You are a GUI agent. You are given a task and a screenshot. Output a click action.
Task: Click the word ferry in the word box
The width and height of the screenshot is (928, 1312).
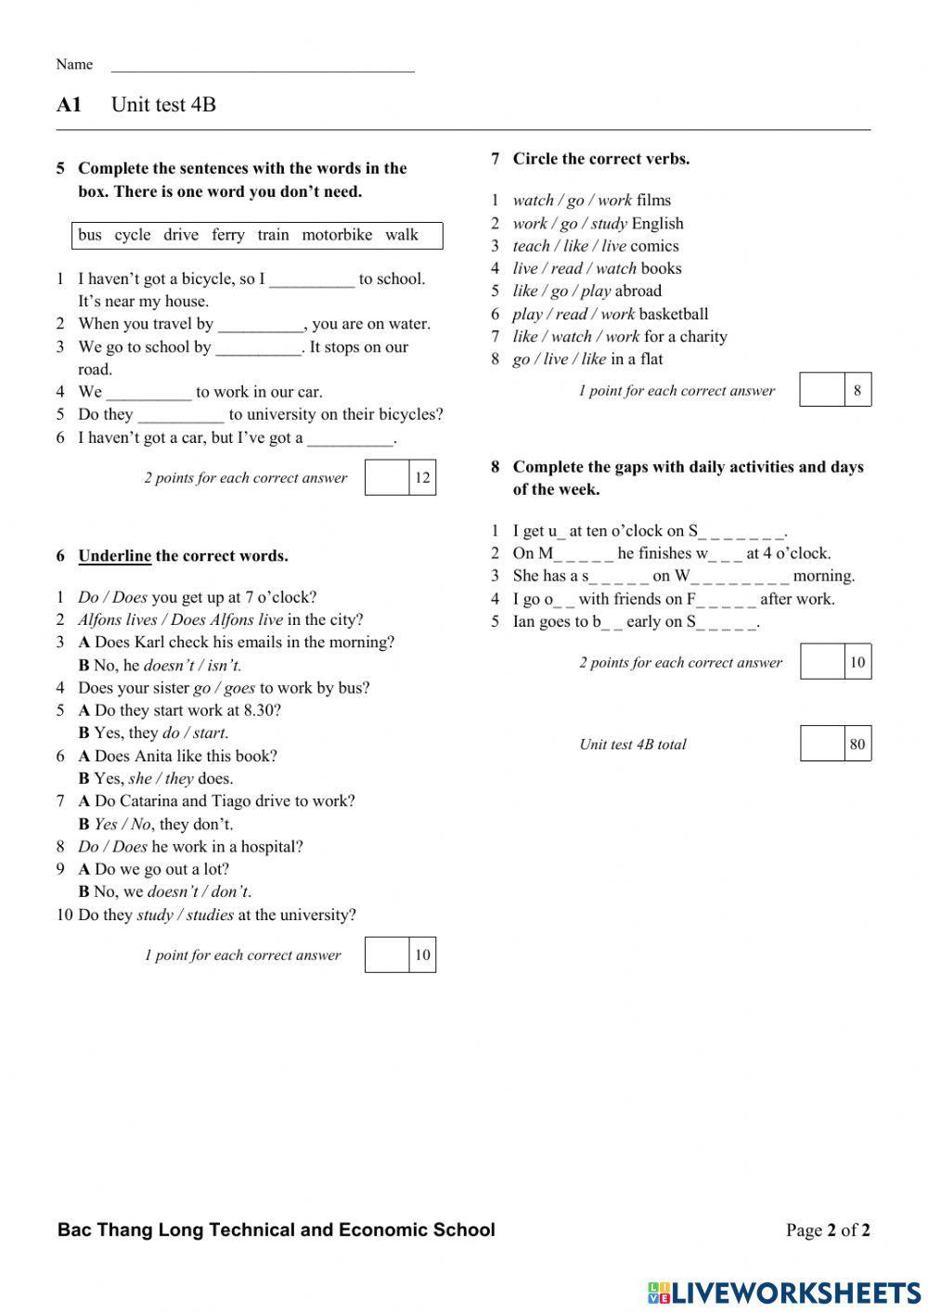pyautogui.click(x=227, y=235)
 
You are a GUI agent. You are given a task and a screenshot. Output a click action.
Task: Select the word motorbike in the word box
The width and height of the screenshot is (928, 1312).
pyautogui.click(x=337, y=235)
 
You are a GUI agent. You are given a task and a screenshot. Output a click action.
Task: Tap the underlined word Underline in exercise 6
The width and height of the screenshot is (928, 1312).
pyautogui.click(x=114, y=556)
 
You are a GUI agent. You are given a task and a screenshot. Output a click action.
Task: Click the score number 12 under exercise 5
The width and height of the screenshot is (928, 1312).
pyautogui.click(x=422, y=478)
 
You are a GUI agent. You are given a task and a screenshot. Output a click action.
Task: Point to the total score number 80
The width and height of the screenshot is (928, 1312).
pyautogui.click(x=857, y=744)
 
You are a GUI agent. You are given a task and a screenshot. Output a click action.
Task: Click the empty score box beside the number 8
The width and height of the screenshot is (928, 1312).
pyautogui.click(x=822, y=390)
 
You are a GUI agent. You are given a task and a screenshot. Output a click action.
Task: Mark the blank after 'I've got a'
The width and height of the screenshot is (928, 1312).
pyautogui.click(x=350, y=438)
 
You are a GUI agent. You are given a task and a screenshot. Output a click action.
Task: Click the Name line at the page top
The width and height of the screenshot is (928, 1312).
pyautogui.click(x=262, y=66)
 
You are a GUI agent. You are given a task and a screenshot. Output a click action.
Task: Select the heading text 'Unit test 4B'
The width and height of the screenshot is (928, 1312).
pyautogui.click(x=163, y=105)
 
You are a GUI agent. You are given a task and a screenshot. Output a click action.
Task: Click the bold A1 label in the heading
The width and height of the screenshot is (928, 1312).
pyautogui.click(x=69, y=105)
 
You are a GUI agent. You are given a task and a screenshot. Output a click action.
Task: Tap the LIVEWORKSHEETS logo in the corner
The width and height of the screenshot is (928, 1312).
pyautogui.click(x=783, y=1293)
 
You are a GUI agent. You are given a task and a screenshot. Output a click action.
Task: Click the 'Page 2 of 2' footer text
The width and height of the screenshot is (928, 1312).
pyautogui.click(x=828, y=1230)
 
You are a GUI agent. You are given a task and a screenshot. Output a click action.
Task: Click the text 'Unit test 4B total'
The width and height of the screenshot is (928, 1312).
pyautogui.click(x=633, y=745)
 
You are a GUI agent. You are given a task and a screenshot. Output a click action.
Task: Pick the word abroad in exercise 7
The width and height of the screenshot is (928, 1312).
pyautogui.click(x=638, y=291)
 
